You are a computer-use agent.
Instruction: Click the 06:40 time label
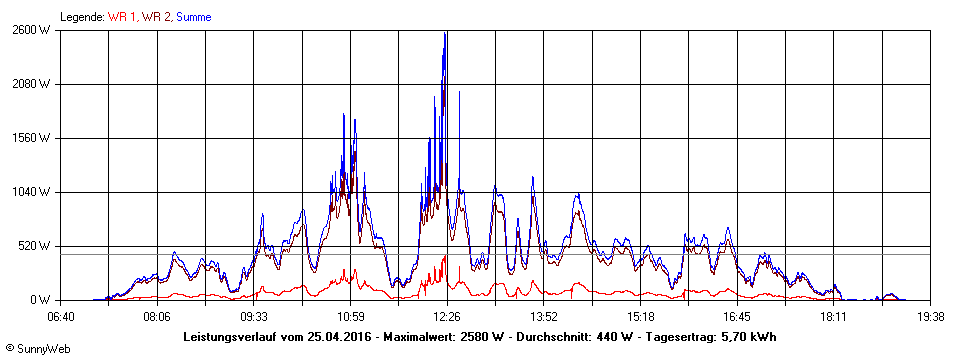coord(60,317)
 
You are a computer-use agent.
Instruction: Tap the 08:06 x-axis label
coord(156,317)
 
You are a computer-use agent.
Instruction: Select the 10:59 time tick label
coord(350,317)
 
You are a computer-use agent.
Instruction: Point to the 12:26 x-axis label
coord(447,317)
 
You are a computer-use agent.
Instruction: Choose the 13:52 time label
coord(543,317)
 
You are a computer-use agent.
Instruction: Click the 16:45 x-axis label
coord(737,317)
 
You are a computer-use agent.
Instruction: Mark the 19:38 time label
coord(930,317)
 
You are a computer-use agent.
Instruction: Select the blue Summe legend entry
coord(193,17)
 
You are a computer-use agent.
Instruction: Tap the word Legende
coord(81,17)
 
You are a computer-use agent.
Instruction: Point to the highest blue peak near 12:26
coord(445,33)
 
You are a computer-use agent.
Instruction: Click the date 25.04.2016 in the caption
coord(339,337)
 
